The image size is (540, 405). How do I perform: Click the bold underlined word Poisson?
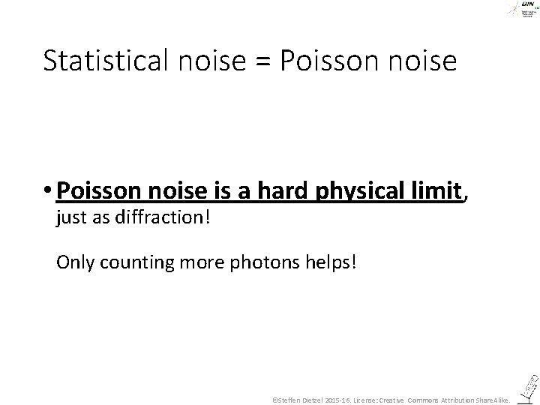click(95, 193)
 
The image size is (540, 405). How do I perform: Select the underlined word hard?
click(284, 193)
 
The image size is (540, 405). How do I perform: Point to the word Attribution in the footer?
click(457, 400)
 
